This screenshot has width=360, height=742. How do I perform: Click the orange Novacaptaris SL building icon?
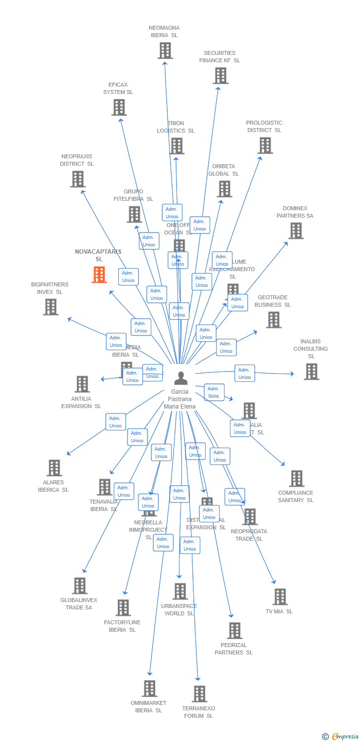(x=99, y=275)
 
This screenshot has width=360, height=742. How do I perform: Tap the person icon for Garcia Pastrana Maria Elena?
(x=181, y=378)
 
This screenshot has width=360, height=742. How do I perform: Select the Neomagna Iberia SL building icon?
(x=165, y=50)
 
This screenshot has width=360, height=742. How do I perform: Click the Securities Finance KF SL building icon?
(x=221, y=76)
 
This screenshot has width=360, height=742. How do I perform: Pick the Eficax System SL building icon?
(x=119, y=107)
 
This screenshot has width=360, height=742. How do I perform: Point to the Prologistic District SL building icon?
(x=265, y=145)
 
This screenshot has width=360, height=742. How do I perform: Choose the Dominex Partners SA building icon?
(x=296, y=231)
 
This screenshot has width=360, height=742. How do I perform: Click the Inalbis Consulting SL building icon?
(x=311, y=371)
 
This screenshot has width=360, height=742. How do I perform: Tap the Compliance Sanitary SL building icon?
(x=296, y=478)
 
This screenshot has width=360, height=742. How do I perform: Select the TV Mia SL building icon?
(x=280, y=597)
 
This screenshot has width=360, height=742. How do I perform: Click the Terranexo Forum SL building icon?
(x=199, y=694)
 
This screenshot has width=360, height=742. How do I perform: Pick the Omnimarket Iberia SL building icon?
(x=149, y=688)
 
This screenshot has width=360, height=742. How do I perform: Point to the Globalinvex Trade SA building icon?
(x=79, y=586)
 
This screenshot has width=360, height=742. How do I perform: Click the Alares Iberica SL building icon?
(x=54, y=467)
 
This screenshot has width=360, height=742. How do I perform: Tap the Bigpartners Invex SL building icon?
(x=50, y=307)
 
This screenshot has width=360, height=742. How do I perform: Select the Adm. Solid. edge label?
(x=214, y=392)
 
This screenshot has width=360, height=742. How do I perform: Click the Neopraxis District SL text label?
(x=77, y=160)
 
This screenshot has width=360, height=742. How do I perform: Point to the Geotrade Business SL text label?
(x=272, y=301)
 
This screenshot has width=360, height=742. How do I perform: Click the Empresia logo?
(x=341, y=737)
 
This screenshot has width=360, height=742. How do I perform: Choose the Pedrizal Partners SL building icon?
(x=234, y=631)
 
